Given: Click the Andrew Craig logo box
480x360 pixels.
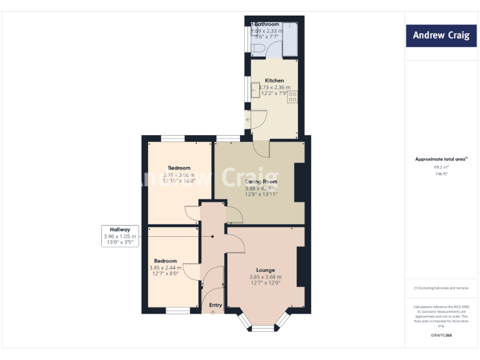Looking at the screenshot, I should (x=440, y=36).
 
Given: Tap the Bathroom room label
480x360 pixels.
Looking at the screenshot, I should (x=267, y=24).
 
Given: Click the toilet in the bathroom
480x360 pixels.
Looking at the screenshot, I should (x=259, y=47).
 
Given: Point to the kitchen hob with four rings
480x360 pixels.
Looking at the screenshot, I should (x=292, y=97).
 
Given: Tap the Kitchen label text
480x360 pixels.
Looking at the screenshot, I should (x=274, y=81).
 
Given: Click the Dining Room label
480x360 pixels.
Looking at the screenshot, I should (x=261, y=182).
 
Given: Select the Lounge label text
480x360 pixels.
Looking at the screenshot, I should (x=266, y=270).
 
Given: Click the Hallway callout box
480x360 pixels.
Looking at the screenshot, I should (x=120, y=236).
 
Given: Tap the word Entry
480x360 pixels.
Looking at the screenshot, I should (x=216, y=305).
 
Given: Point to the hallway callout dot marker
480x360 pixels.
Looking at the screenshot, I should (x=212, y=236).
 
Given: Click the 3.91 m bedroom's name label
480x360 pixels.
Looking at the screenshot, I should (x=179, y=168).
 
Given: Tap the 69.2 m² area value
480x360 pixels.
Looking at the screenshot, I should (x=441, y=167).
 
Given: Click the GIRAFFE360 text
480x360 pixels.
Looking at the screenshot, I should (x=441, y=336).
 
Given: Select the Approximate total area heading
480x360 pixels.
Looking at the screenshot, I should (x=440, y=159).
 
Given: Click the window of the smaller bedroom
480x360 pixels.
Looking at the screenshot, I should (x=177, y=310).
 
